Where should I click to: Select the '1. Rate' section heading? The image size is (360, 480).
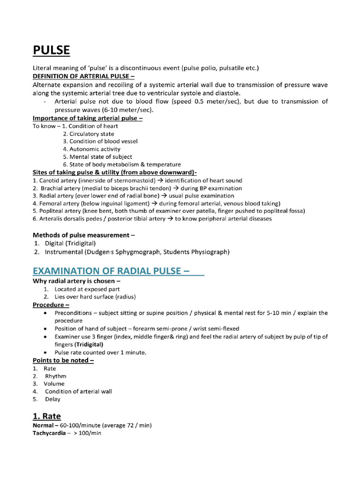coord(47,416)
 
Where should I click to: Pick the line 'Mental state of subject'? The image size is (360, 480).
coord(101,157)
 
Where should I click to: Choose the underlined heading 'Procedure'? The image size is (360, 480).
coord(51,305)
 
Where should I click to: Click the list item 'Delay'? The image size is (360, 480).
coord(52,399)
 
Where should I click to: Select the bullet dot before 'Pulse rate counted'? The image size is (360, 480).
coord(45,352)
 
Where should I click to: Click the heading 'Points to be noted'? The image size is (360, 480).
coord(63,360)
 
